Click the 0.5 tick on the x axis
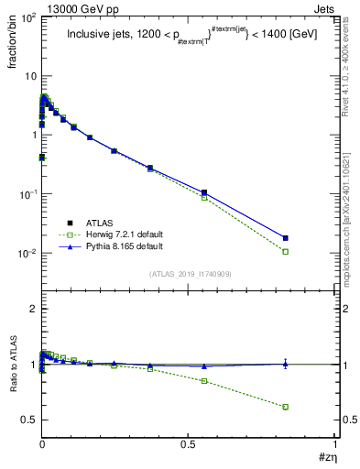[189, 444]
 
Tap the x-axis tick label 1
[335, 444]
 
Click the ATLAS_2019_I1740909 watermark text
[188, 274]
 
